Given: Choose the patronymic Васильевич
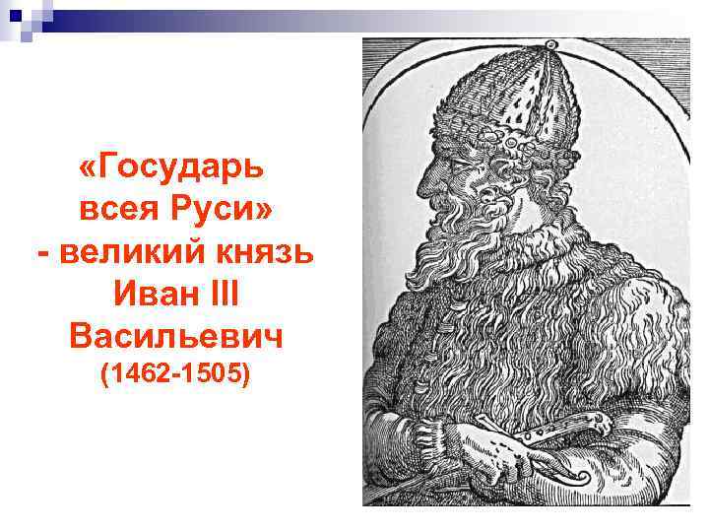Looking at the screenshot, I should [176, 337].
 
